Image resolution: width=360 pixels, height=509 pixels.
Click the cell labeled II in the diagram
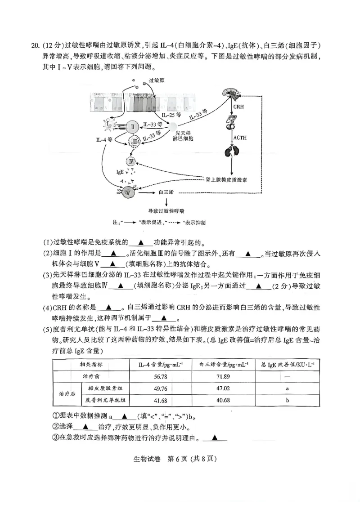133,127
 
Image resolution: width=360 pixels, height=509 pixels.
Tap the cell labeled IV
131,161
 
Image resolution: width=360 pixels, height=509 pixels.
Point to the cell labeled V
129,191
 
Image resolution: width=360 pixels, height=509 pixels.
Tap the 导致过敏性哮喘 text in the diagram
166,210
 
